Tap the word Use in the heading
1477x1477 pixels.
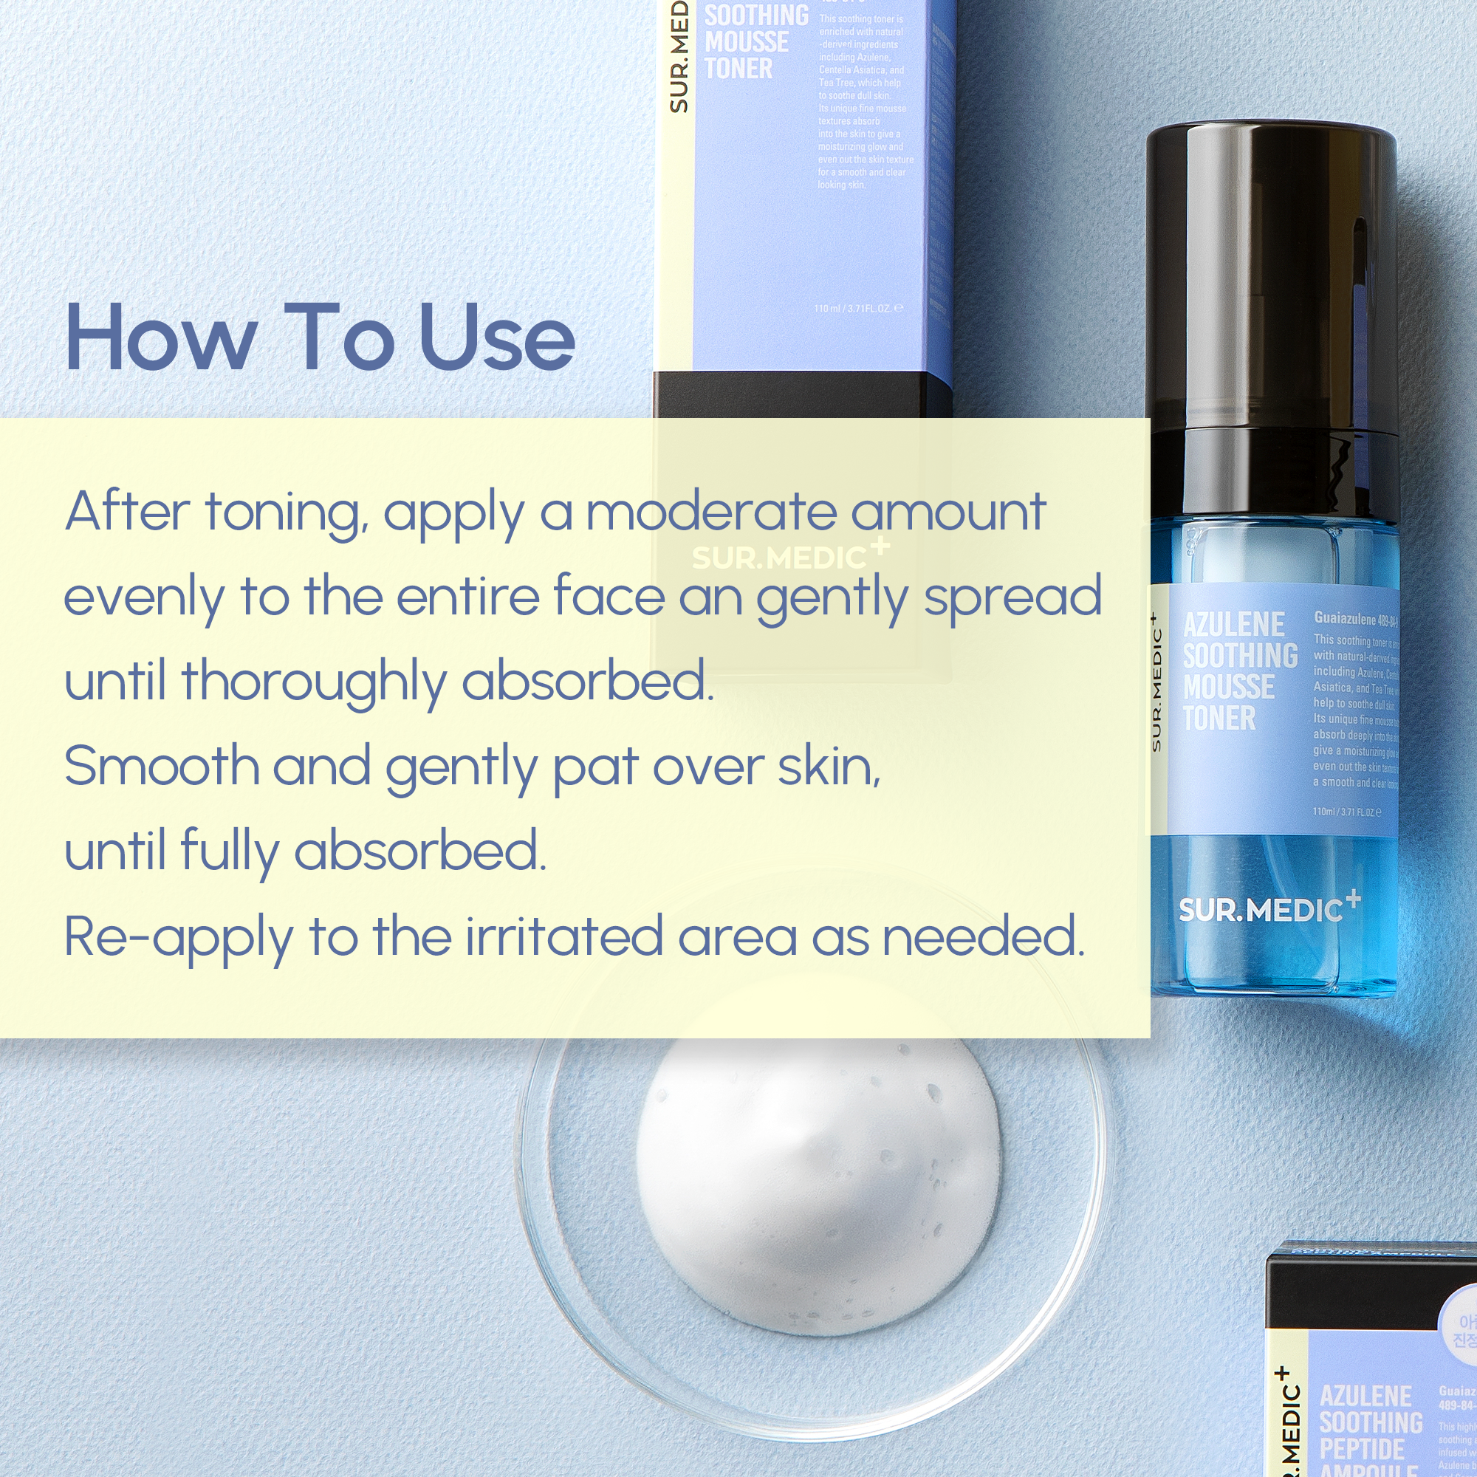tap(497, 337)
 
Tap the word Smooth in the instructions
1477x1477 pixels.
tap(161, 766)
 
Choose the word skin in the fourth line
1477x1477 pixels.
tap(828, 766)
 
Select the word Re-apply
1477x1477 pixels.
tap(178, 937)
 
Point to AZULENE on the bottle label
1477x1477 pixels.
tap(1233, 625)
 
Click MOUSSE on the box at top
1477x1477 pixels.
tap(746, 42)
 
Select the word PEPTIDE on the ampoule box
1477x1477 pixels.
tap(1362, 1449)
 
